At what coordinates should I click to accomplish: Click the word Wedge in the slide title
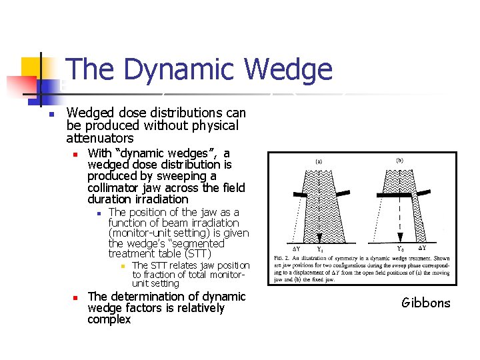point(288,69)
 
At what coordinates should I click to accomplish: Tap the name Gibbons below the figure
point(425,303)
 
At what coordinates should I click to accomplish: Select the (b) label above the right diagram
point(399,159)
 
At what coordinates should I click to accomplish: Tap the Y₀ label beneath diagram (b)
point(401,249)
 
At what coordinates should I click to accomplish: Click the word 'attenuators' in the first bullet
point(100,138)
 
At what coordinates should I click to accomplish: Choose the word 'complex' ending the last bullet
point(109,319)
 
